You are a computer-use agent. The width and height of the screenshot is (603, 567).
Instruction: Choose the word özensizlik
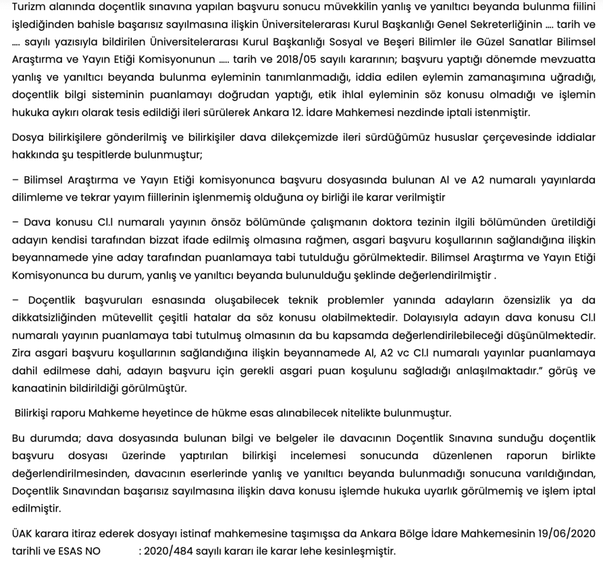click(528, 300)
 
